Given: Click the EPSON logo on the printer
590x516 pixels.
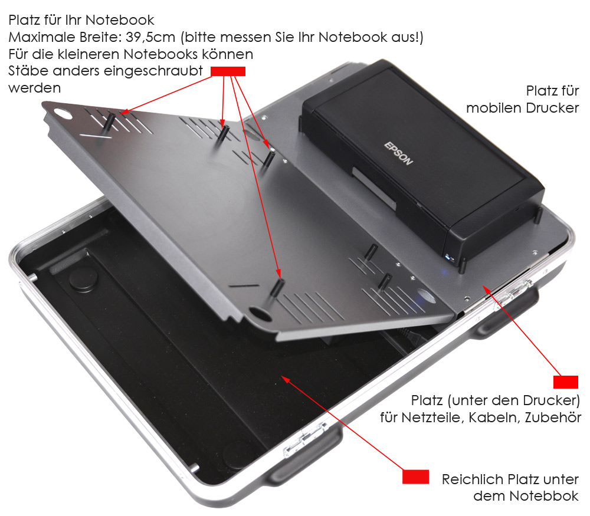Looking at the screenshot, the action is [398, 153].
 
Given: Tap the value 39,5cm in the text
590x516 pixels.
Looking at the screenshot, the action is [150, 37].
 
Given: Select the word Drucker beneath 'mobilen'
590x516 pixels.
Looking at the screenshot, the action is [552, 108].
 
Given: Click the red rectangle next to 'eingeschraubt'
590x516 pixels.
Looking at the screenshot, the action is [228, 71].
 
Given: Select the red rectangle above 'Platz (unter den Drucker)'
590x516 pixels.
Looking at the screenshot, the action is [566, 382].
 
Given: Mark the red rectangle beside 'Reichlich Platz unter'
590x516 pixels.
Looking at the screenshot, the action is [416, 476].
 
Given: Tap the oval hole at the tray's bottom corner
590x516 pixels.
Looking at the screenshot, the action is [260, 314].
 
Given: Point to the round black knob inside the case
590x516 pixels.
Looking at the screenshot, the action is [84, 279].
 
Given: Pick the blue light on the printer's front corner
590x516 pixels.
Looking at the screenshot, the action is [448, 257].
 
